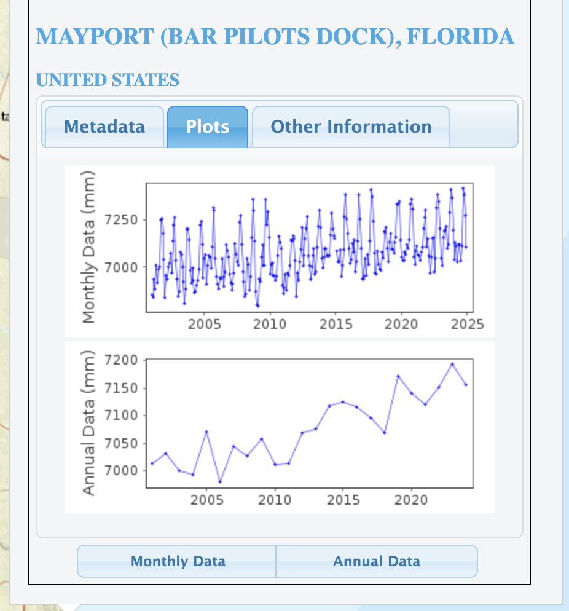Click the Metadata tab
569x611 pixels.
pyautogui.click(x=104, y=127)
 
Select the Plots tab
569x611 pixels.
pyautogui.click(x=208, y=127)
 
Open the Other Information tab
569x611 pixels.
pyautogui.click(x=351, y=127)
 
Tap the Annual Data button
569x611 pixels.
pyautogui.click(x=376, y=561)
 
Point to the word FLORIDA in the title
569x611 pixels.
pyautogui.click(x=460, y=37)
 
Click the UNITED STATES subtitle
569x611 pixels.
pyautogui.click(x=108, y=80)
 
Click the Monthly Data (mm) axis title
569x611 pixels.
pyautogui.click(x=90, y=247)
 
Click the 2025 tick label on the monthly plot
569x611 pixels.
pyautogui.click(x=467, y=325)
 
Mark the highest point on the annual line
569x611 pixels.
pyautogui.click(x=452, y=364)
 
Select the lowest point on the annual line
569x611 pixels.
pyautogui.click(x=220, y=482)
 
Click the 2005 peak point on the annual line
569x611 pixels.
pyautogui.click(x=206, y=432)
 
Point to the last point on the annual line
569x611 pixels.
pyautogui.click(x=466, y=385)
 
